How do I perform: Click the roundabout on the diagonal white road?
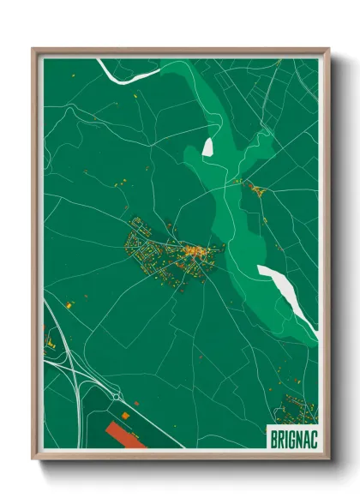[116, 398]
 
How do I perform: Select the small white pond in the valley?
[207, 147]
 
